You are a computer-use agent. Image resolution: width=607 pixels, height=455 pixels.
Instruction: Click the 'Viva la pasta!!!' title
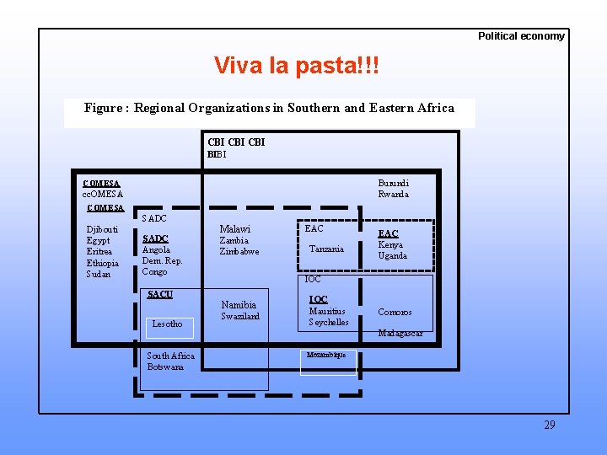297,66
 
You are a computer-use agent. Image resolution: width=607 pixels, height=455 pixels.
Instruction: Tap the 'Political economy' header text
521,36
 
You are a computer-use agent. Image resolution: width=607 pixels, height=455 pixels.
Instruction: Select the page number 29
550,425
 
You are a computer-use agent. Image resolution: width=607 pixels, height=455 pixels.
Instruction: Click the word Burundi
394,183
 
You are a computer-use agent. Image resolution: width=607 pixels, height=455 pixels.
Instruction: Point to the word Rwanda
393,194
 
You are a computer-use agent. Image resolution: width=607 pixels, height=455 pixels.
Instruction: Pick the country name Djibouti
102,229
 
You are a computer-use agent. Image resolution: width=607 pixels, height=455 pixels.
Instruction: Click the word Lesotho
167,324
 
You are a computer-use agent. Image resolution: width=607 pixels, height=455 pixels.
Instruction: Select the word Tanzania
326,249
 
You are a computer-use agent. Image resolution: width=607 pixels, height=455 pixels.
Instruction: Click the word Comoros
395,312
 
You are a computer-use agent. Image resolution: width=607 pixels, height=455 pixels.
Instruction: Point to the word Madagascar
400,333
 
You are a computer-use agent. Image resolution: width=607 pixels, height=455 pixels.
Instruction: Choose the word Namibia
239,305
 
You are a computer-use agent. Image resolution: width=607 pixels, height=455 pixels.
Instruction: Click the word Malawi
235,229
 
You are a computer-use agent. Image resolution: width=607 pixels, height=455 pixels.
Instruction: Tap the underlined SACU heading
159,294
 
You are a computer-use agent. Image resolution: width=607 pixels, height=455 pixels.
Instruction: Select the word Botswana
165,367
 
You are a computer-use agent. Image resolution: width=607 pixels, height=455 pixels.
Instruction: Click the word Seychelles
329,322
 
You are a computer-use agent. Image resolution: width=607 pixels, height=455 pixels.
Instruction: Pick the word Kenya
390,244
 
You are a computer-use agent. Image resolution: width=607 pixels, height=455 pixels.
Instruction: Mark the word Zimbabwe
239,251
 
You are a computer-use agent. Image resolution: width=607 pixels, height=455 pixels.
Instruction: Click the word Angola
156,249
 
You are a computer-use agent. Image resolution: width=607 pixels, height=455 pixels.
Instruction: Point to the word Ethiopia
103,263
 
